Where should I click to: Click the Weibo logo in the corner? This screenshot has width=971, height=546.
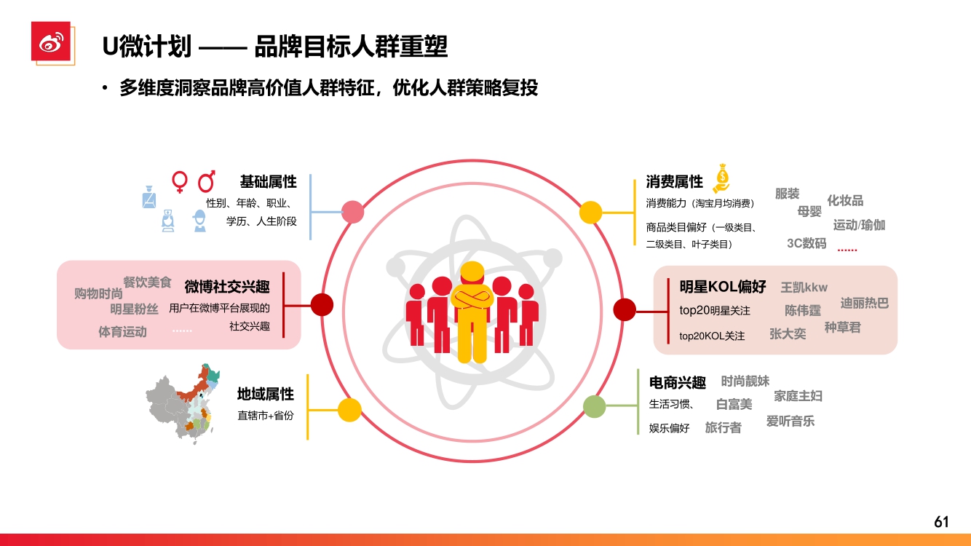click(x=50, y=42)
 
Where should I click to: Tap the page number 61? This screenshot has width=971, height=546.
click(x=941, y=522)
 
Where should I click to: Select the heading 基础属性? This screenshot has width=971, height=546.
click(x=268, y=182)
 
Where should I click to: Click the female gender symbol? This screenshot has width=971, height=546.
click(x=179, y=181)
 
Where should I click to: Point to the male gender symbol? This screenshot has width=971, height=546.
click(x=207, y=181)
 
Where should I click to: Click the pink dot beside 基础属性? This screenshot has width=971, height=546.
click(x=352, y=212)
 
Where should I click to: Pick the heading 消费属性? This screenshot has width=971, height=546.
click(x=674, y=182)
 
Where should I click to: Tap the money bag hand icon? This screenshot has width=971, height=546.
click(x=721, y=177)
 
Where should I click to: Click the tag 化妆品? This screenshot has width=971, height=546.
click(x=845, y=200)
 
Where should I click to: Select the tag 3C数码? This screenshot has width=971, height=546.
click(x=806, y=243)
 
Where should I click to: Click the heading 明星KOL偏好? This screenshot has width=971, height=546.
click(x=723, y=286)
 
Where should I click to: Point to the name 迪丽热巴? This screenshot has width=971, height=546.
click(x=865, y=303)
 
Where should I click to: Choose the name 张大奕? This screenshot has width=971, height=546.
click(x=788, y=333)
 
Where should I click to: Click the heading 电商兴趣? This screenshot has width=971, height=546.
click(x=677, y=382)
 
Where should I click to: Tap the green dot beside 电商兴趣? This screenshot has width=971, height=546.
click(x=595, y=406)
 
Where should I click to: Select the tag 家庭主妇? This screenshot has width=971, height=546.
click(x=798, y=396)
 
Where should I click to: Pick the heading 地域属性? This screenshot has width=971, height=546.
click(x=265, y=394)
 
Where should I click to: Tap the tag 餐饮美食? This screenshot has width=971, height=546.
click(x=147, y=282)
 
